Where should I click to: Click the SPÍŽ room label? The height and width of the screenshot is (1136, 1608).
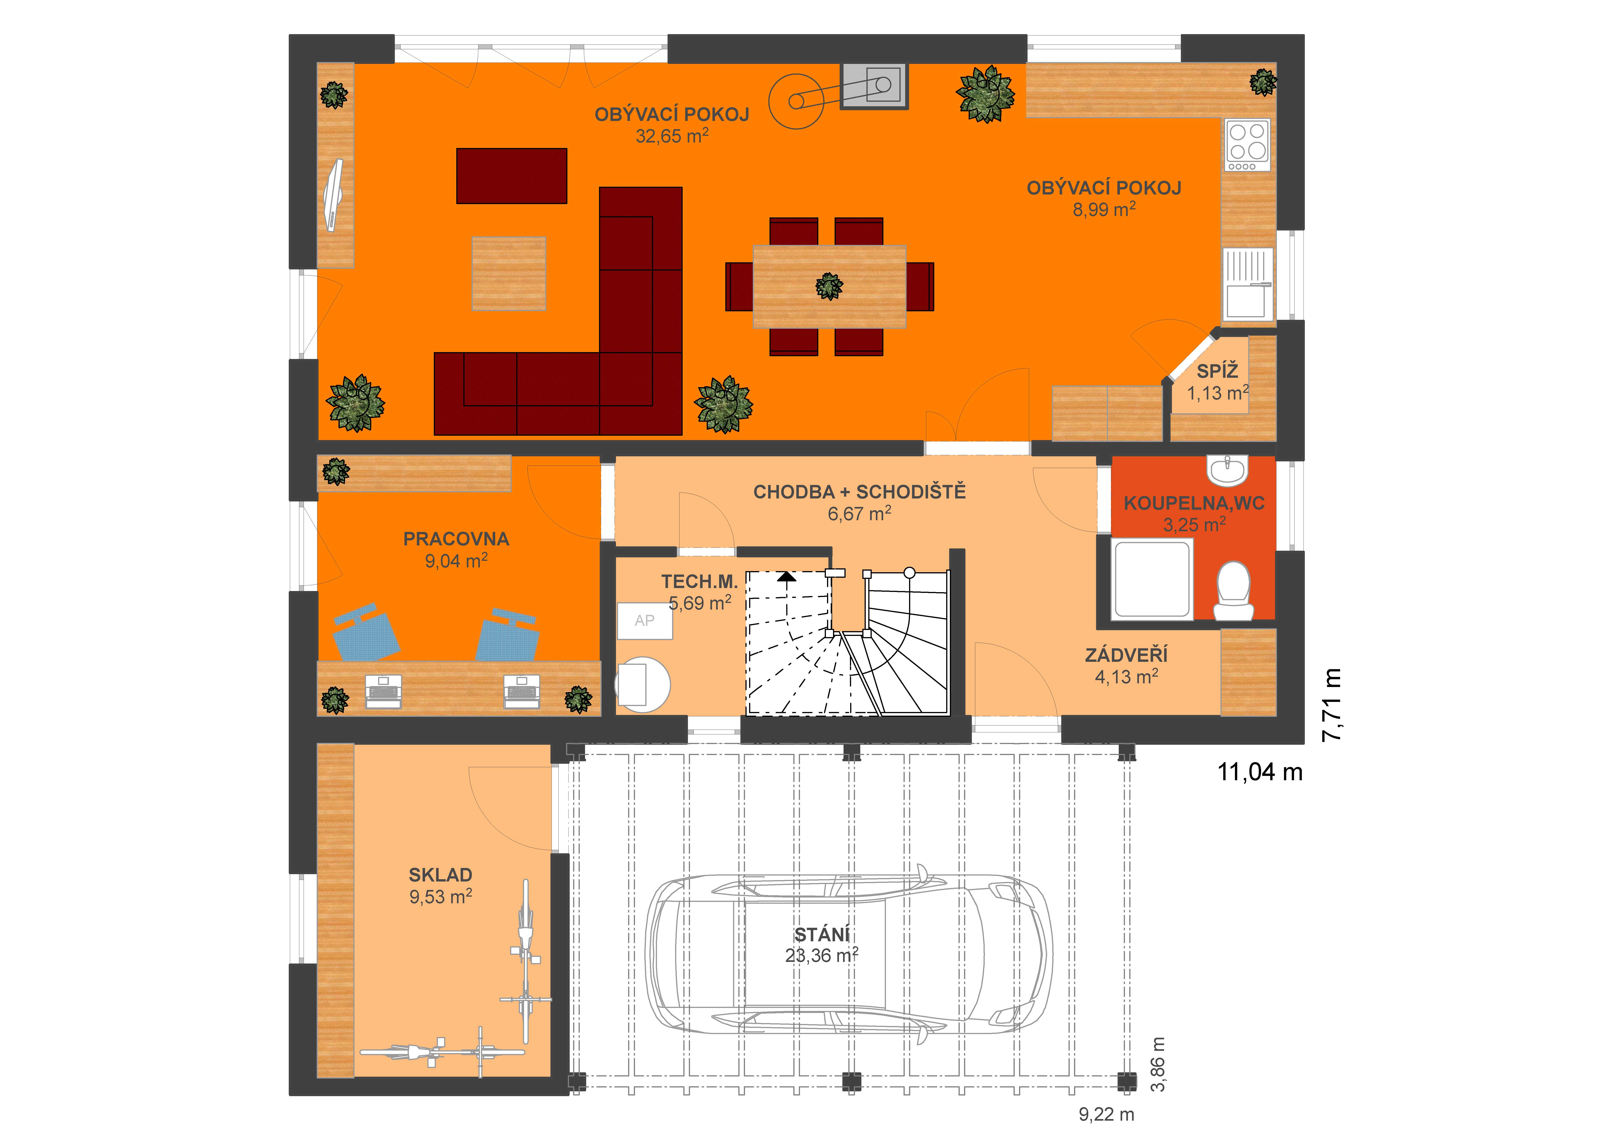pyautogui.click(x=1217, y=371)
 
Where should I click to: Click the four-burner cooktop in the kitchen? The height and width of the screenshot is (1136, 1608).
pyautogui.click(x=1247, y=146)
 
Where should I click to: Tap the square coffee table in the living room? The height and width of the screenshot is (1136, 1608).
pyautogui.click(x=509, y=274)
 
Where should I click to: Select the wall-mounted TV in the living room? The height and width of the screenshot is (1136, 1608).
pyautogui.click(x=334, y=195)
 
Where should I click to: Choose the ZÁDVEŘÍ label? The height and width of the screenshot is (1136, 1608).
pyautogui.click(x=1126, y=655)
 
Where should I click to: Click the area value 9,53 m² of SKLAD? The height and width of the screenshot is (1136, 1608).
pyautogui.click(x=440, y=897)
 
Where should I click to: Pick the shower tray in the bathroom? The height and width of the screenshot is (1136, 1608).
pyautogui.click(x=1152, y=579)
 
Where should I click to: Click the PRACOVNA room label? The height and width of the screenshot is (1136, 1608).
pyautogui.click(x=456, y=539)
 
